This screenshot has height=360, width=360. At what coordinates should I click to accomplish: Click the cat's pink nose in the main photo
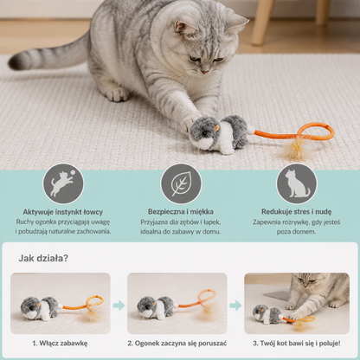pyautogui.click(x=205, y=71)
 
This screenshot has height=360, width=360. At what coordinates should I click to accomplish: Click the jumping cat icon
pyautogui.click(x=63, y=183)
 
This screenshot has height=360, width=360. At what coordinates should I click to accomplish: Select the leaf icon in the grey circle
pyautogui.click(x=181, y=183)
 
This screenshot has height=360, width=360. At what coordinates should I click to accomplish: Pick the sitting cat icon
pyautogui.click(x=297, y=183)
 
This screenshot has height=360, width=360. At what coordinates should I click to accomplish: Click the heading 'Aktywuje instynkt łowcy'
pyautogui.click(x=63, y=212)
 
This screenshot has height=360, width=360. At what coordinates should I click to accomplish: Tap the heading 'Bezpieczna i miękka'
pyautogui.click(x=181, y=212)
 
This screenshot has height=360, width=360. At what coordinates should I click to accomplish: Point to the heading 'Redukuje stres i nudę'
pyautogui.click(x=296, y=212)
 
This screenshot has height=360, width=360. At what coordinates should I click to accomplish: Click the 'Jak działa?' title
pyautogui.click(x=43, y=258)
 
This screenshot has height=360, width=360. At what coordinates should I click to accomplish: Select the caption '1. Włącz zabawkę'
pyautogui.click(x=60, y=344)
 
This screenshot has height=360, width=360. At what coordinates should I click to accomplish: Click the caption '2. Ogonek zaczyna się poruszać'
pyautogui.click(x=177, y=344)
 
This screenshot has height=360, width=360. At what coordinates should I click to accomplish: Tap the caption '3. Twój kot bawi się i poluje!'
pyautogui.click(x=297, y=344)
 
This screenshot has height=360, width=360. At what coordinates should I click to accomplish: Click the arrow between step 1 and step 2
pyautogui.click(x=119, y=305)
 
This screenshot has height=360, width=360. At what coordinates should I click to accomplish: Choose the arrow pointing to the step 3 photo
pyautogui.click(x=235, y=305)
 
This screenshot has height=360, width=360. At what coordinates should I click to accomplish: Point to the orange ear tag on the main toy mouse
pyautogui.click(x=216, y=126)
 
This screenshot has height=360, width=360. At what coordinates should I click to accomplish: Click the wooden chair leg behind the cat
pyautogui.click(x=261, y=22)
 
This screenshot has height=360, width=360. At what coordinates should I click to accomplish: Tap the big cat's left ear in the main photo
pyautogui.click(x=183, y=28)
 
